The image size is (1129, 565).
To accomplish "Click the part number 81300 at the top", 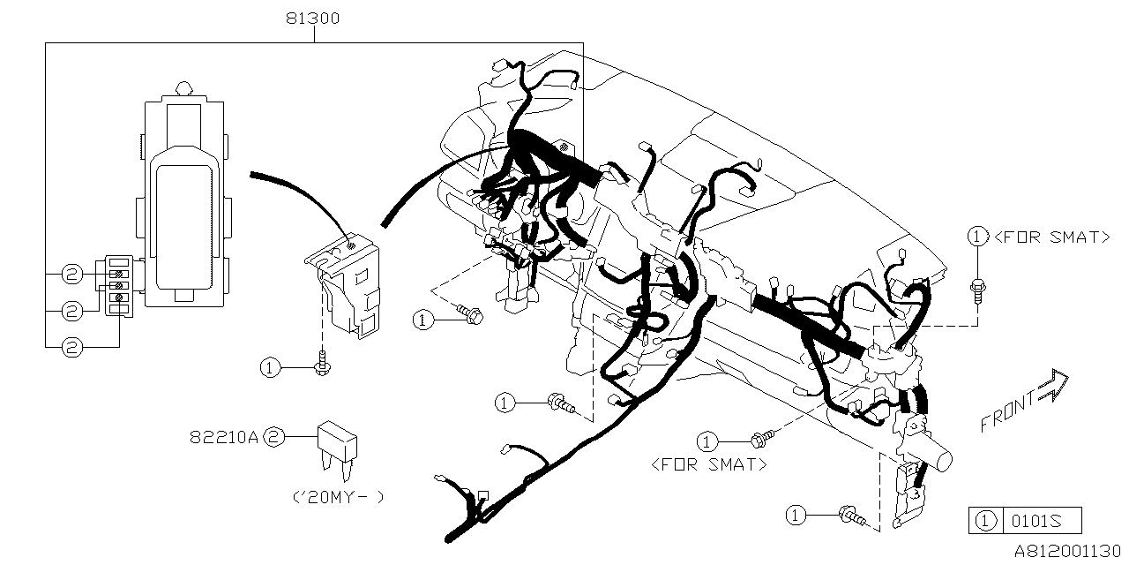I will [x=313, y=18].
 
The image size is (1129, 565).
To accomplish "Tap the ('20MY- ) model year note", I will [x=338, y=496].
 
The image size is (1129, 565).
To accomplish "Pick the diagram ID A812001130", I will [x=1068, y=550].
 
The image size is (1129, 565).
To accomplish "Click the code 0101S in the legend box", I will [x=1041, y=521].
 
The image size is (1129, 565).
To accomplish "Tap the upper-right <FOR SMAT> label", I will [x=1051, y=237].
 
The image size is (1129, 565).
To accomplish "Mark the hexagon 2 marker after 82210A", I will [x=274, y=436].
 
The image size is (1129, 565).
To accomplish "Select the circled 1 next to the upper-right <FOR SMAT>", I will [x=976, y=237].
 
